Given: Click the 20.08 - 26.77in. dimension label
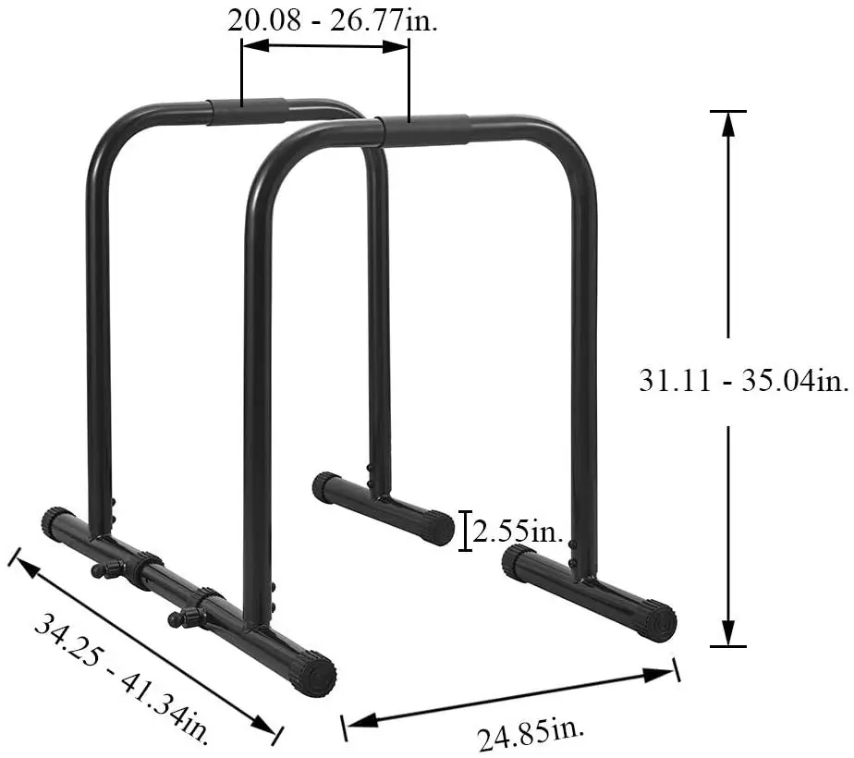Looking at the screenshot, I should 333,20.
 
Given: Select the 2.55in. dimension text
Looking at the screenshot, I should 518,531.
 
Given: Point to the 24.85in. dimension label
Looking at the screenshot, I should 531,736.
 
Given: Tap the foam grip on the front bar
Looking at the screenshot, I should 426,129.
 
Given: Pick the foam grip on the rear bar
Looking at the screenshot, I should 246,111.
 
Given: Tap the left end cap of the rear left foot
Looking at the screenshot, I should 325,486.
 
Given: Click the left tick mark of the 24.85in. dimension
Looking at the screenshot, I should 345,727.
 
